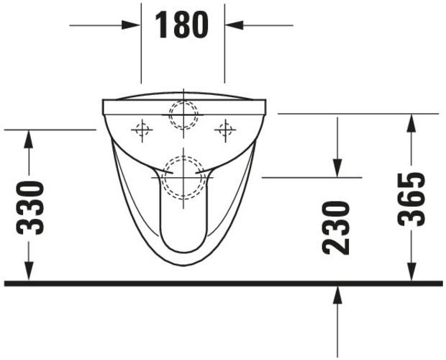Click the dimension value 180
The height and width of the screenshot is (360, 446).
click(x=182, y=26)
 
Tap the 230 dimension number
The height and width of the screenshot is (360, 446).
click(x=337, y=227)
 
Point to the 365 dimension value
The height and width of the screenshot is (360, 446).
click(x=412, y=199)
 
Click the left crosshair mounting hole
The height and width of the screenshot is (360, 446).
click(x=142, y=130)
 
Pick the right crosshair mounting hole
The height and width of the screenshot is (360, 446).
click(x=225, y=130)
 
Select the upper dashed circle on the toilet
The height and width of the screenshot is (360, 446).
click(x=183, y=114)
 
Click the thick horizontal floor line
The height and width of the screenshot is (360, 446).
click(x=223, y=283)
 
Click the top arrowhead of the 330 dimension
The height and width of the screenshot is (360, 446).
click(x=28, y=139)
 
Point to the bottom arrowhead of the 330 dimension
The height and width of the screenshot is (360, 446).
click(x=28, y=271)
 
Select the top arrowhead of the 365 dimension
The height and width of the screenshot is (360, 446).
click(x=411, y=123)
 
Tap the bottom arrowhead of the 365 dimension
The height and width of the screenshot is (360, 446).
click(x=411, y=271)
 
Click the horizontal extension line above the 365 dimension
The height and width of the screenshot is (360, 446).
click(x=358, y=114)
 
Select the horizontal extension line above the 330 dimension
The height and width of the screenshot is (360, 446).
click(x=50, y=130)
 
